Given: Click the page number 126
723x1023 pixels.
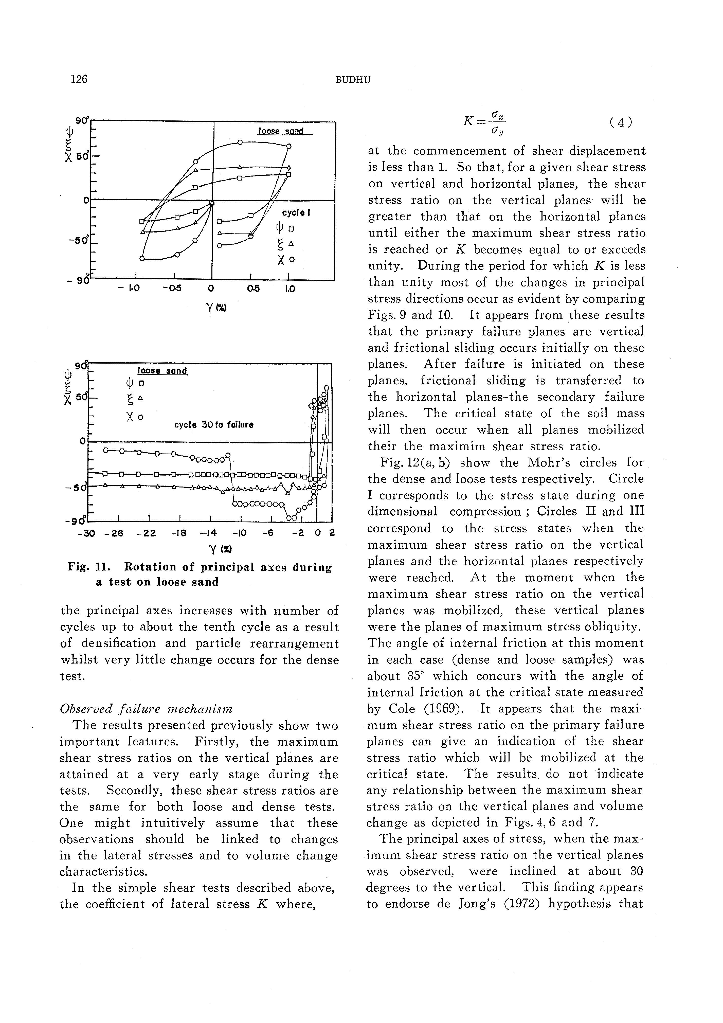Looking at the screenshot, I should click(x=79, y=79).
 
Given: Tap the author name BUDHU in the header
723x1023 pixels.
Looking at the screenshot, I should click(x=352, y=80).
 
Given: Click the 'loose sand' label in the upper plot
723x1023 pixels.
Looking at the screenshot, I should click(x=281, y=131).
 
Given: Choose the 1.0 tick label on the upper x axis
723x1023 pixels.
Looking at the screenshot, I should click(x=290, y=289).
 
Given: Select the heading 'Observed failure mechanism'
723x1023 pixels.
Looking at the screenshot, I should click(x=146, y=709).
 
